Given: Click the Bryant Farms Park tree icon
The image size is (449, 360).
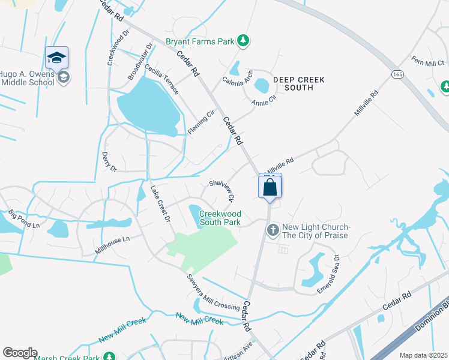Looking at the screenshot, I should click(243, 41).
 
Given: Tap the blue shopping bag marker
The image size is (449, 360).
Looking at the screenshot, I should click(270, 187).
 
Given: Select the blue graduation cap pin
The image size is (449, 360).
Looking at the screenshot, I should click(56, 58).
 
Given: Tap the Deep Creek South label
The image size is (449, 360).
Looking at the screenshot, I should click(298, 83).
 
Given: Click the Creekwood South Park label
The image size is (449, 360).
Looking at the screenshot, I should click(220, 218).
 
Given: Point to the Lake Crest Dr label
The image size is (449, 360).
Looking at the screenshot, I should click(161, 203).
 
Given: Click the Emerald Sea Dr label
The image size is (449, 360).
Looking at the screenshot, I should click(328, 274).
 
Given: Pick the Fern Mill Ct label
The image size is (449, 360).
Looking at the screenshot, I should click(427, 61).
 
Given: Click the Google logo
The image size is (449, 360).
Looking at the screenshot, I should click(20, 353).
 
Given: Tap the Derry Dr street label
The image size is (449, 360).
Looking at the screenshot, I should click(108, 162).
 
